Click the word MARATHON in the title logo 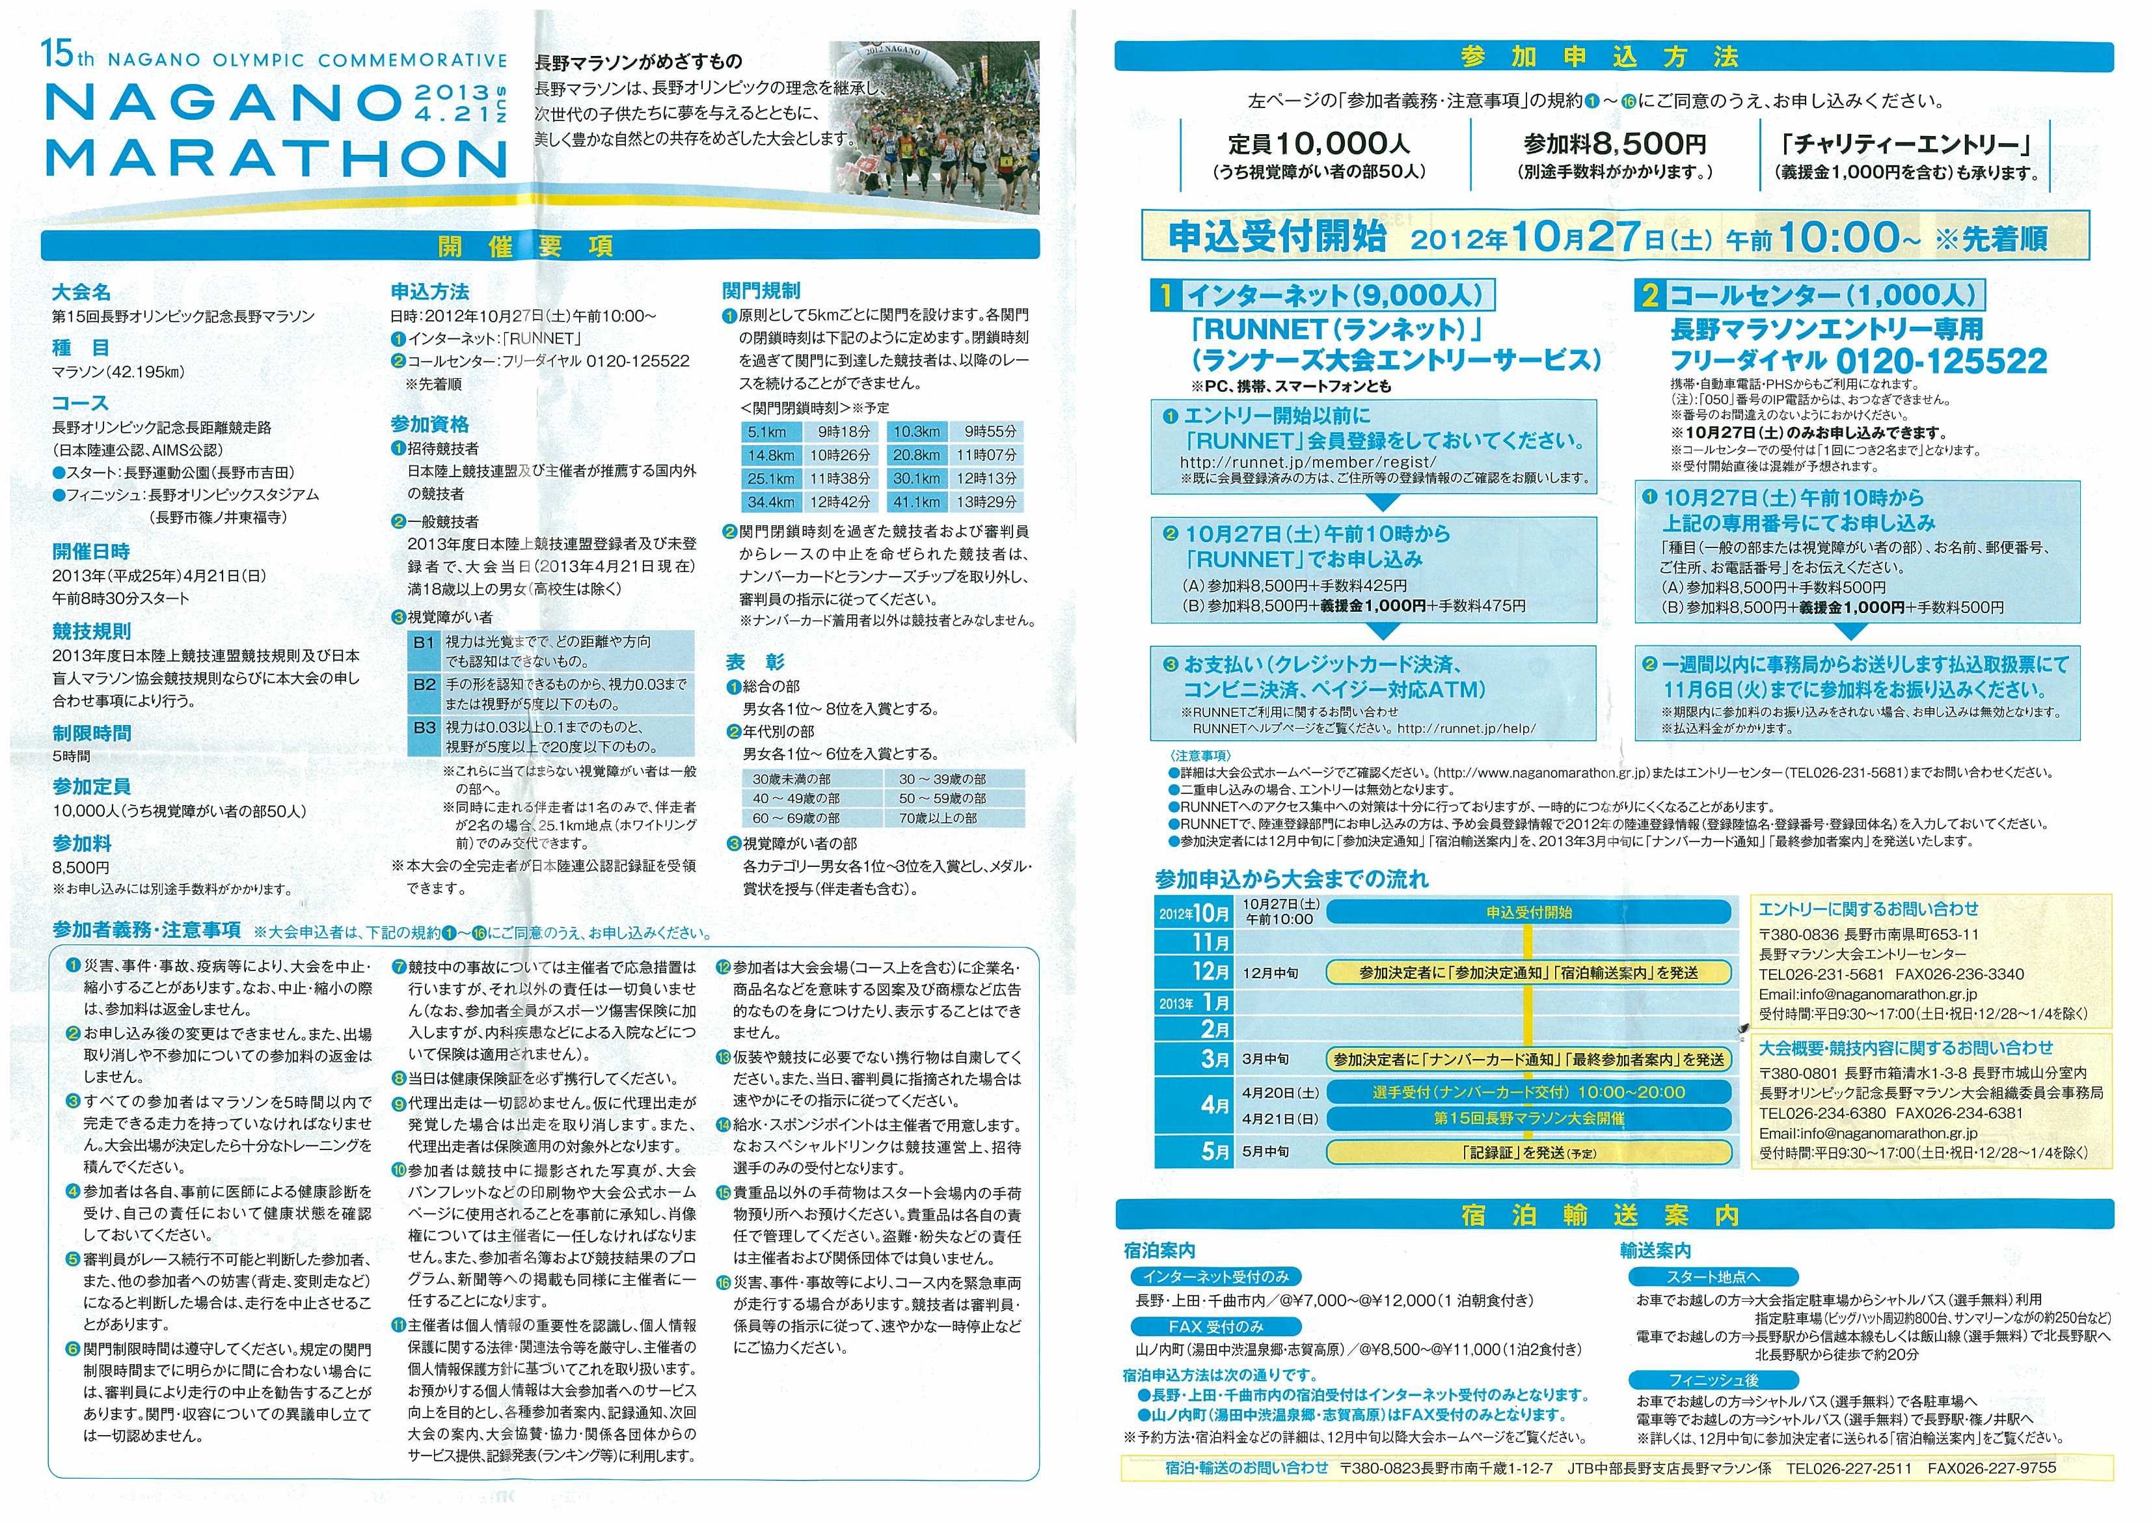[x=276, y=158]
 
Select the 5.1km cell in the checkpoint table [x=767, y=432]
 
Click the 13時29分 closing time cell [x=986, y=502]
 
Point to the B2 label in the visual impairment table [x=424, y=685]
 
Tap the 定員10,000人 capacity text [x=1318, y=143]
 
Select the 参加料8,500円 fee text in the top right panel [x=1615, y=143]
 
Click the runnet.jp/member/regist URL [x=1308, y=462]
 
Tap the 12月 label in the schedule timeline [x=1210, y=972]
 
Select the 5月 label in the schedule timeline [x=1215, y=1151]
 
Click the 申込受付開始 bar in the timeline [x=1528, y=912]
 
